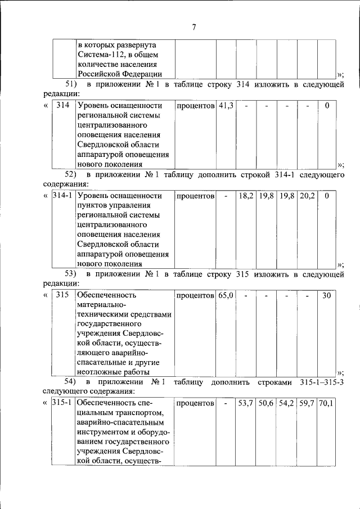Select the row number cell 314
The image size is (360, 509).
[63, 105]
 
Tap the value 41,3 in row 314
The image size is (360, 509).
[226, 105]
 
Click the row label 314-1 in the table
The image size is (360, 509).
[62, 196]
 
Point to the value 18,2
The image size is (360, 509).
[246, 196]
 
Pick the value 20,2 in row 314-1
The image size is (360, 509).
[307, 196]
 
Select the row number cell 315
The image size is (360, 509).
[63, 295]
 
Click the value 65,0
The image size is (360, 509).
[226, 295]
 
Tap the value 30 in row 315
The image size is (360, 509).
[327, 295]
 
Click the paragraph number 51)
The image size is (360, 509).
[73, 84]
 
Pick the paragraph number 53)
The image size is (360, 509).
[73, 274]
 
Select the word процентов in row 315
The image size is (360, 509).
[195, 295]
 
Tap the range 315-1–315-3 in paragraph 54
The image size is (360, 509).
[317, 382]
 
